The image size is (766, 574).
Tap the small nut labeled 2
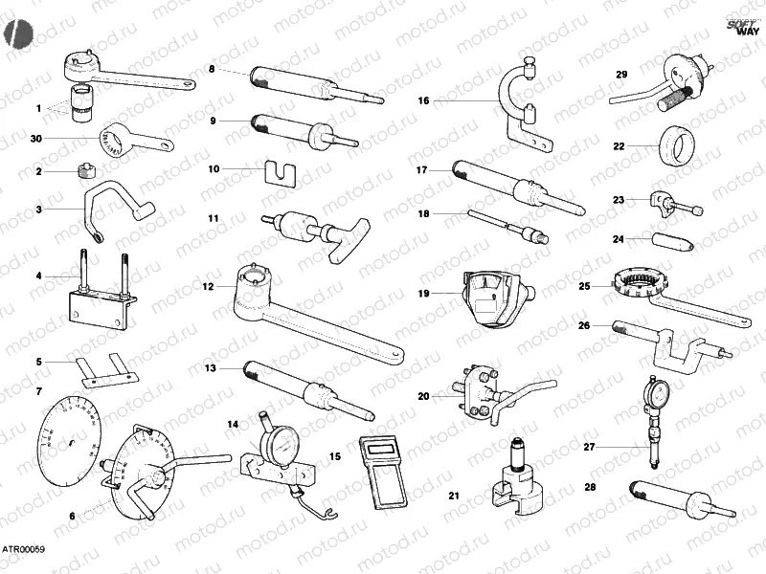pyautogui.click(x=84, y=171)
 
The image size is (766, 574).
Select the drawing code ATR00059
pyautogui.click(x=23, y=550)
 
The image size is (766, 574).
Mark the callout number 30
pyautogui.click(x=36, y=139)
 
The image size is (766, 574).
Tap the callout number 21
pyautogui.click(x=454, y=496)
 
